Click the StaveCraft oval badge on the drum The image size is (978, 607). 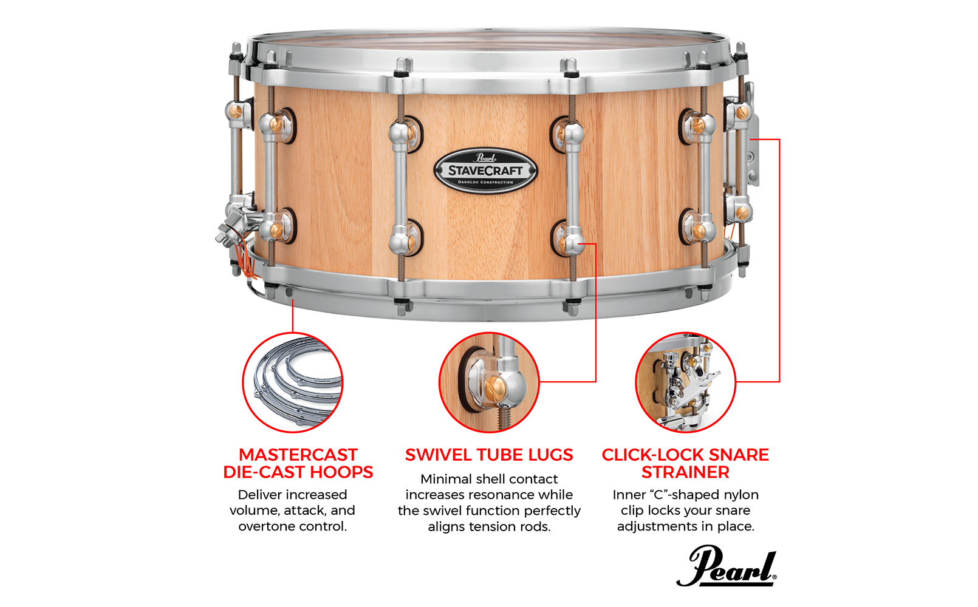[485, 171]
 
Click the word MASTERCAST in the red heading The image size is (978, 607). [298, 455]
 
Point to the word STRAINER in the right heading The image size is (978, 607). [685, 472]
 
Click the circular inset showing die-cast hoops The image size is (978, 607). [293, 382]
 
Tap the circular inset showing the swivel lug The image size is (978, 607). [489, 382]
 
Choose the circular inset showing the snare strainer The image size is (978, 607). [685, 382]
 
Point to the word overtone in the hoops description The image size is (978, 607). [264, 526]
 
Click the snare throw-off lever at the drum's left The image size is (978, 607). [235, 225]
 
